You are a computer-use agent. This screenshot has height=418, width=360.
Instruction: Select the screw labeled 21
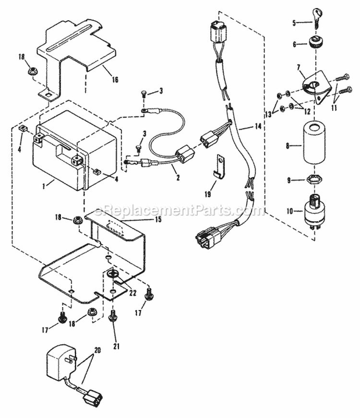tap(114, 317)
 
